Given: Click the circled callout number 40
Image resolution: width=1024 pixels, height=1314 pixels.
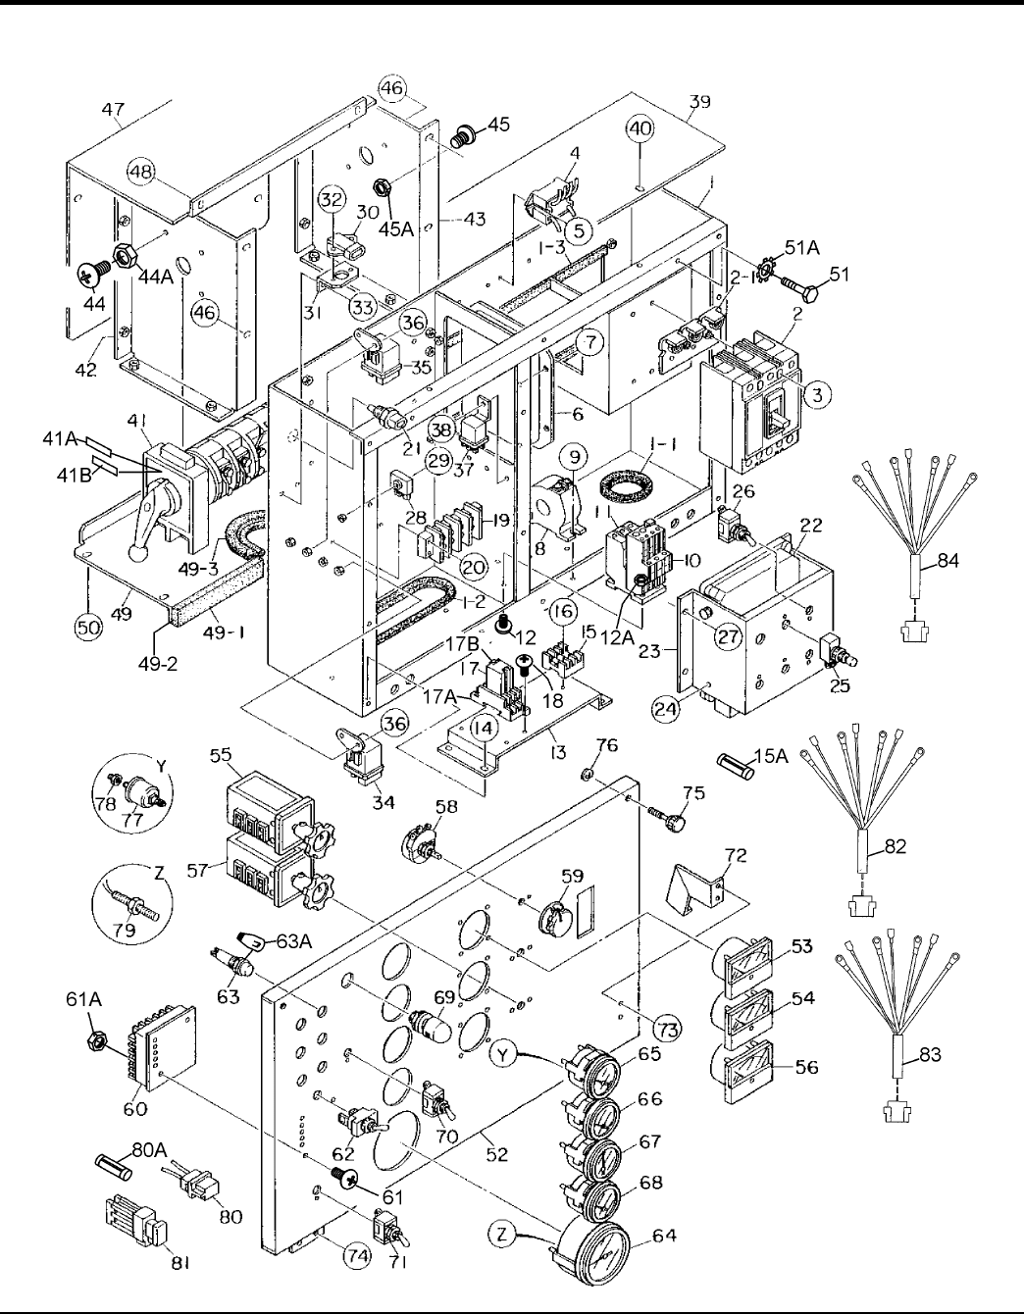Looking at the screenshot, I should [x=640, y=127].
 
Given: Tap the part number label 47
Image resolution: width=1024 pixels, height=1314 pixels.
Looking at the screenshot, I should [x=117, y=109].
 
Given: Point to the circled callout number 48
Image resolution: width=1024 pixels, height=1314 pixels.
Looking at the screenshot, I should [x=142, y=174].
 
